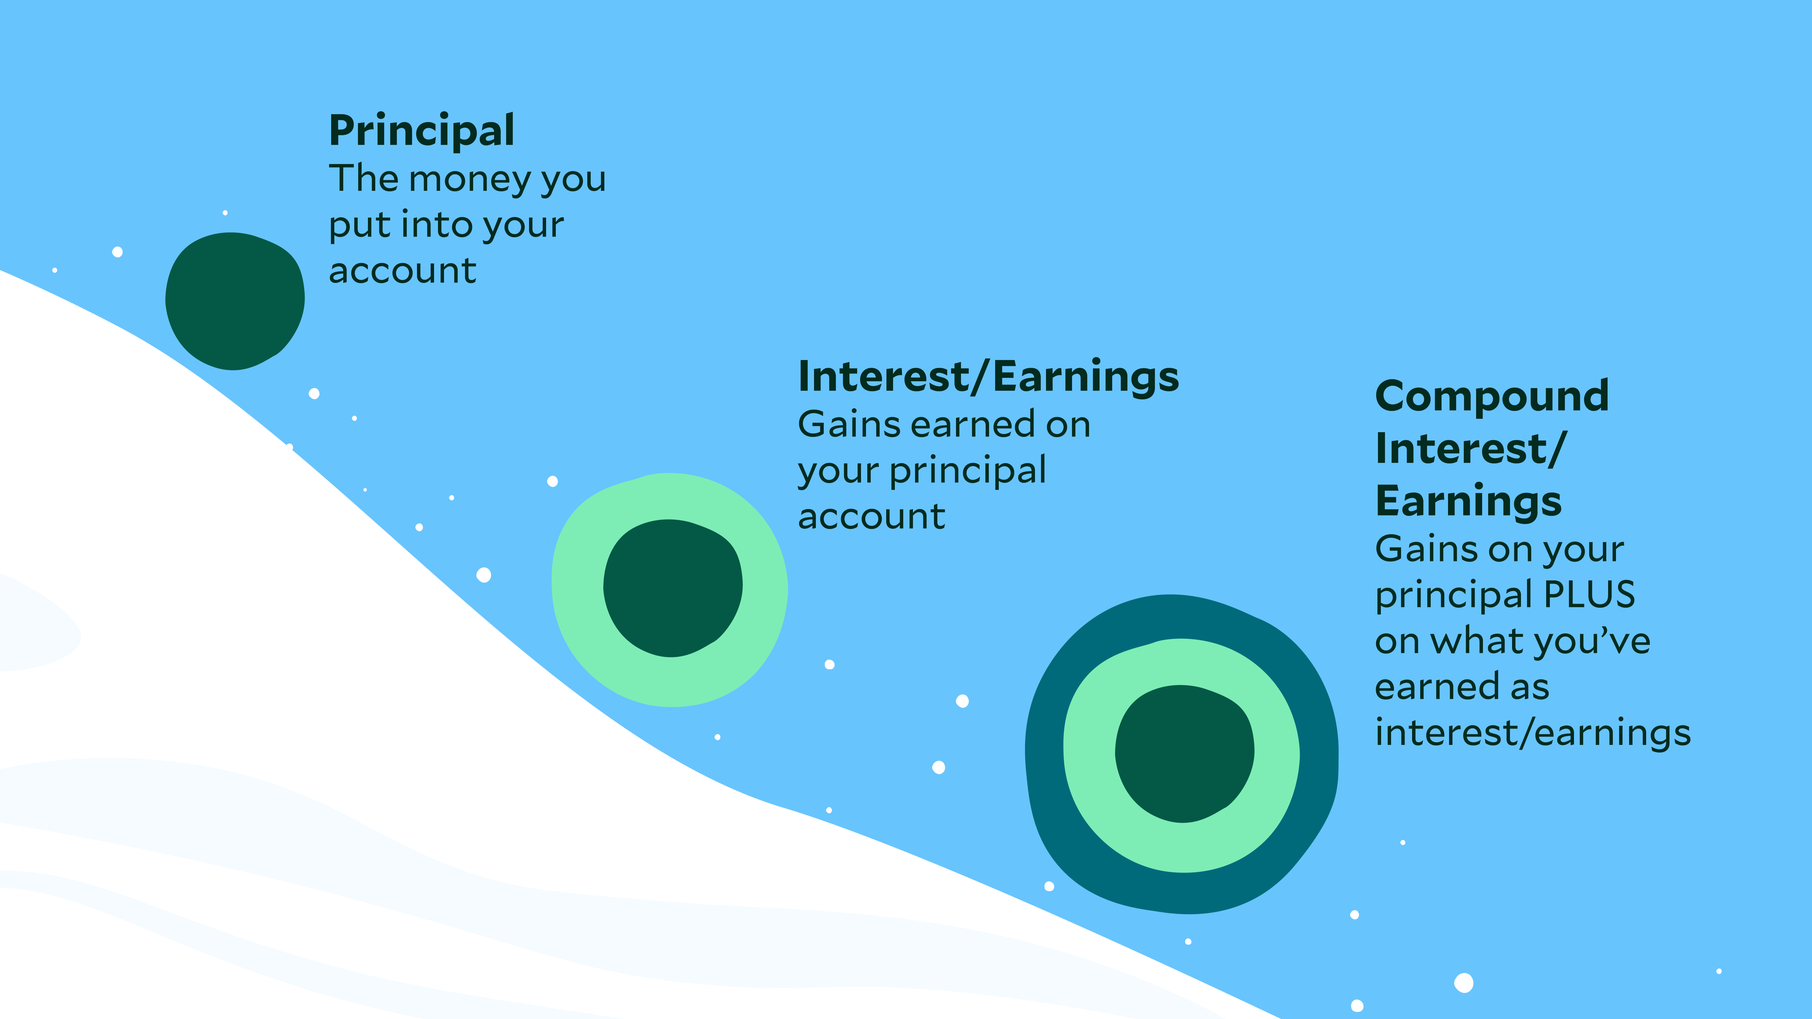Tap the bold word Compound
pyautogui.click(x=1491, y=396)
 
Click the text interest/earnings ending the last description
pyautogui.click(x=1532, y=734)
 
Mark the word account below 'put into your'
pyautogui.click(x=402, y=272)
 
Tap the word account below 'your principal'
pyautogui.click(x=871, y=517)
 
